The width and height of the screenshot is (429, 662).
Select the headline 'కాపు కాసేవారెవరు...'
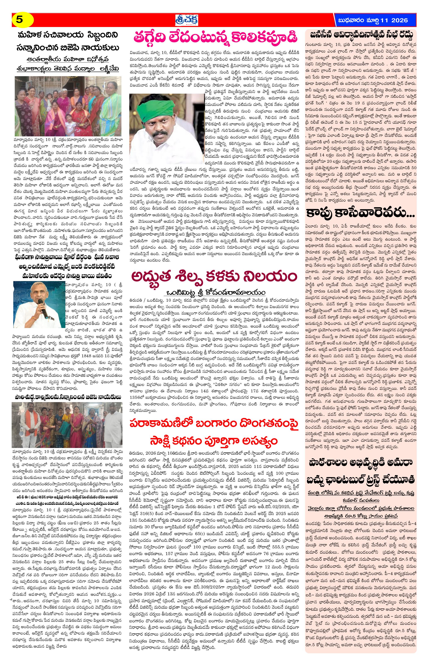(361, 214)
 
